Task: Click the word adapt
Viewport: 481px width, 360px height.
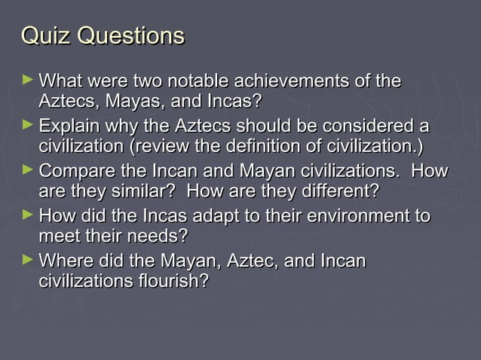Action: coord(204,217)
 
